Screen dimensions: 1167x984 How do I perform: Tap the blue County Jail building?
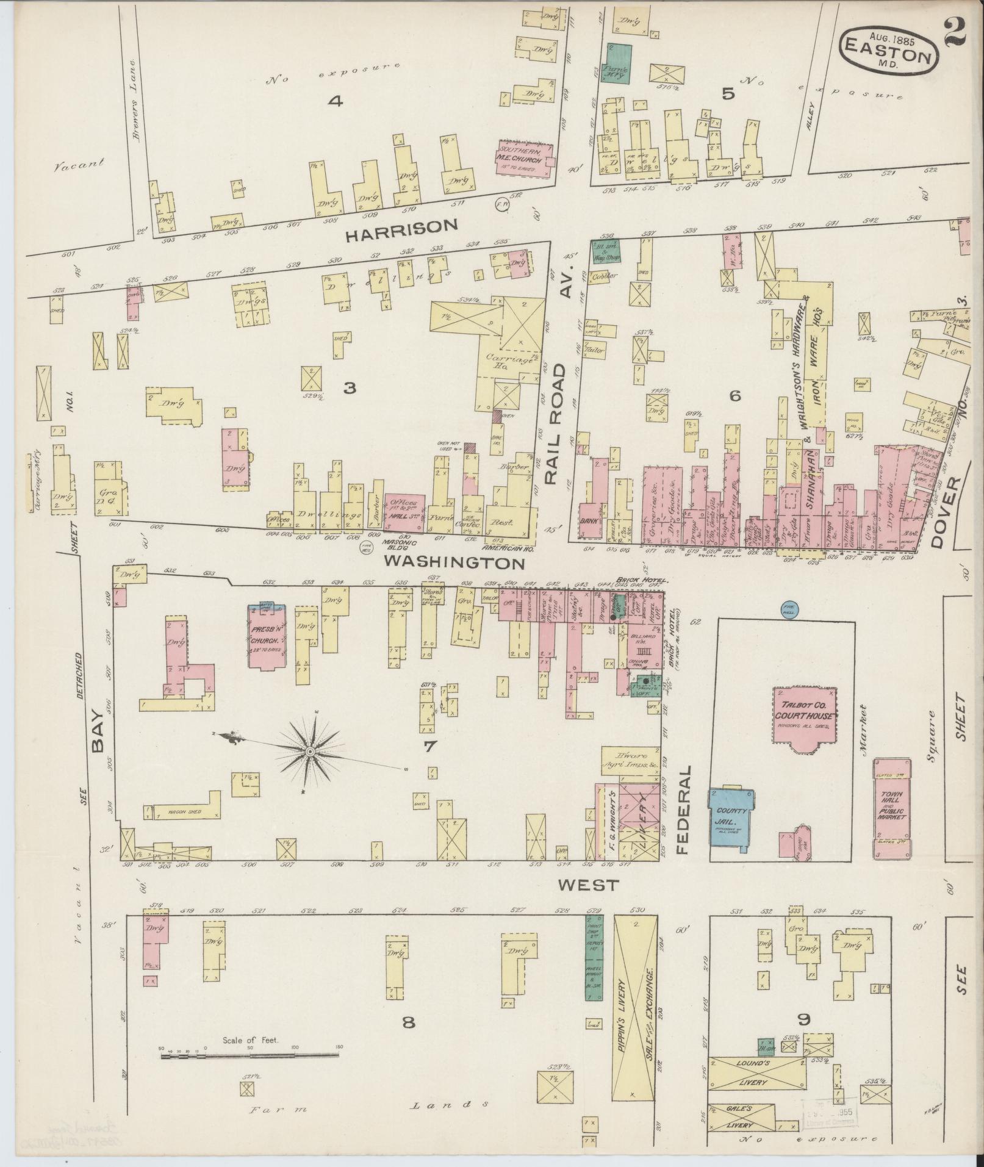tap(731, 817)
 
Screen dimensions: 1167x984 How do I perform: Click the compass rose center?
tap(310, 752)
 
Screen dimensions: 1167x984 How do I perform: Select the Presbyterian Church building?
tap(265, 637)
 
